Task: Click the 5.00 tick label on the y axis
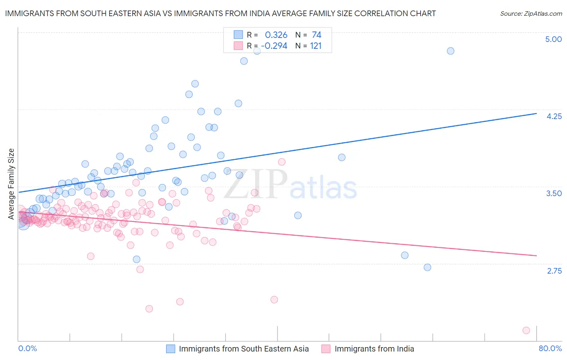553,39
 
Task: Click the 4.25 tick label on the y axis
554,116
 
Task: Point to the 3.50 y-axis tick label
554,193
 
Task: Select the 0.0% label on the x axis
27,348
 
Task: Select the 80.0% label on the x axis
550,348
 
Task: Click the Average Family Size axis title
11,184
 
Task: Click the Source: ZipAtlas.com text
531,13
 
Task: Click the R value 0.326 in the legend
276,35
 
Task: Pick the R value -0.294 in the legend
274,46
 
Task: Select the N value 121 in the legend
316,46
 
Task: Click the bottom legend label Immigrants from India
374,349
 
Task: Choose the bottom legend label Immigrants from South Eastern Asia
244,349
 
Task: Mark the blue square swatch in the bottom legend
171,349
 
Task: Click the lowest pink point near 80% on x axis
526,330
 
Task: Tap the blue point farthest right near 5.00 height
450,51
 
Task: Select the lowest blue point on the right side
427,267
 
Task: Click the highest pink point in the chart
281,162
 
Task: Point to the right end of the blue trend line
536,113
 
